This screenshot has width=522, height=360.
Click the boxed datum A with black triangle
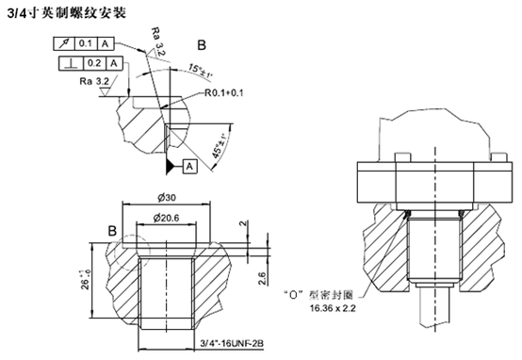point(188,165)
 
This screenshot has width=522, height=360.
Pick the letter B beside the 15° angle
point(203,45)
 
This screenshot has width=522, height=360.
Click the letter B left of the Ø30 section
point(113,230)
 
